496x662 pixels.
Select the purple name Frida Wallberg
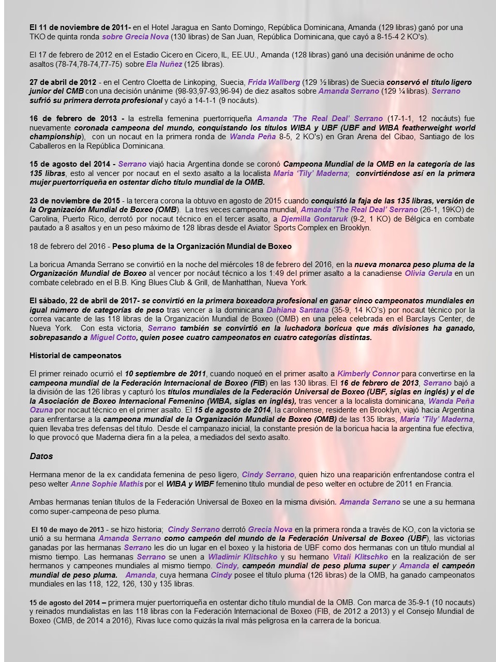click(274, 82)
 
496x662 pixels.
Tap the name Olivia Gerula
click(428, 273)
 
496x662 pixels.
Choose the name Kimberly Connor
click(368, 374)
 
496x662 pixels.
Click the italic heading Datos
click(41, 457)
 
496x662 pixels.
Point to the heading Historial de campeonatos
click(76, 356)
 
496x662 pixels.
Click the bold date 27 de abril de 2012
click(63, 82)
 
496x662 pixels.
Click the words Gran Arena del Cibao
click(350, 137)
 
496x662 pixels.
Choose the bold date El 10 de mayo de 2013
click(67, 529)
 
